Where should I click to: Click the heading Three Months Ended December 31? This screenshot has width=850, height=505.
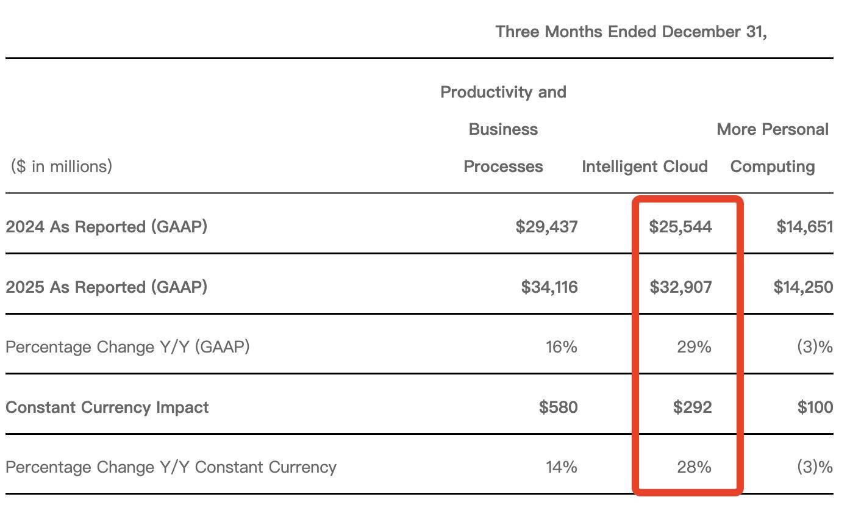tap(630, 32)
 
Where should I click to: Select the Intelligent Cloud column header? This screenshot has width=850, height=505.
tap(645, 167)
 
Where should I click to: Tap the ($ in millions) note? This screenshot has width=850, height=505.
tap(61, 166)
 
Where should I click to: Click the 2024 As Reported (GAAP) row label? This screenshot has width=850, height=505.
tap(106, 227)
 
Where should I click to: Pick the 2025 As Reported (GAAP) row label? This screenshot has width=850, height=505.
tap(106, 287)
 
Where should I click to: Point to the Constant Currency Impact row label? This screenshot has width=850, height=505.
tap(107, 407)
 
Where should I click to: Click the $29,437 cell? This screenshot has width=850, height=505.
tap(546, 227)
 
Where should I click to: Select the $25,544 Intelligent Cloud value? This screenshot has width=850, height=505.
tap(680, 227)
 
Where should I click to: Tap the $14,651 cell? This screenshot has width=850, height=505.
tap(804, 227)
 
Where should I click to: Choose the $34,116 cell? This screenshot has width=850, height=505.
tap(549, 287)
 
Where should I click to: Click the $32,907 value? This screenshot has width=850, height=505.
tap(680, 287)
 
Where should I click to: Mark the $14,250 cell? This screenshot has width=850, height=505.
tap(803, 287)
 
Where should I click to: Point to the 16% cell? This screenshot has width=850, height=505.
tap(561, 347)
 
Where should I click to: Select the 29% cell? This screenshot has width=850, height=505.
tap(694, 347)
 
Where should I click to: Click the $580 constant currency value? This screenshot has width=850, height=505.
tap(558, 407)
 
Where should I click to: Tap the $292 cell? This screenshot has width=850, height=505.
tap(692, 407)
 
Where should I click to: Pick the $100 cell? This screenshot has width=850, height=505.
tap(815, 407)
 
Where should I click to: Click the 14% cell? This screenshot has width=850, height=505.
tap(561, 467)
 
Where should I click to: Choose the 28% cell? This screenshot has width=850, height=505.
tap(694, 467)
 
